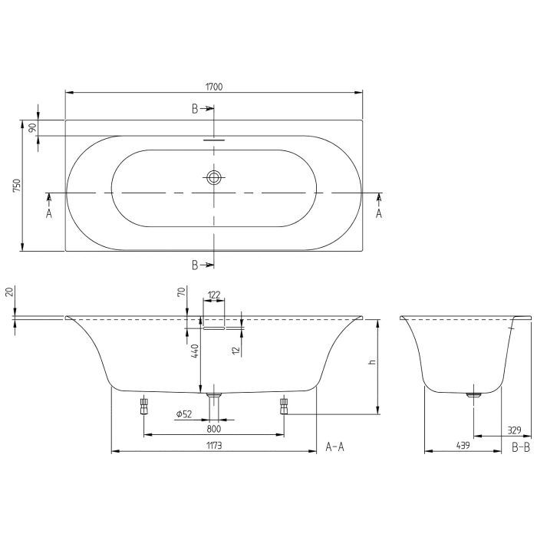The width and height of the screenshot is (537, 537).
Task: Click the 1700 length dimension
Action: point(214,87)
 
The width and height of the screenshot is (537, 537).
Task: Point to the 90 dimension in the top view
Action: point(32,128)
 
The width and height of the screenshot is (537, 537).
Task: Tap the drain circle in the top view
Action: point(214,178)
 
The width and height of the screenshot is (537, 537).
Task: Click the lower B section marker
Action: point(196,265)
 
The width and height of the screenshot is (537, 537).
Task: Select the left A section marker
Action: point(48,214)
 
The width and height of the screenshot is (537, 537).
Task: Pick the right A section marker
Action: point(378,214)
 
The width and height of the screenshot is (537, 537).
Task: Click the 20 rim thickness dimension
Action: point(9,292)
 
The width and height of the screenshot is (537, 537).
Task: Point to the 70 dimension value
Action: point(181,292)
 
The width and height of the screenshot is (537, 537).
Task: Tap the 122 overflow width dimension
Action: point(214,294)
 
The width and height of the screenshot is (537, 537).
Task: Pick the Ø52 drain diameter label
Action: point(183,414)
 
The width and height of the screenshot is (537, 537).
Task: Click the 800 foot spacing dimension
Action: point(214,429)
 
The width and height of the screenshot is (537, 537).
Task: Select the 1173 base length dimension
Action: point(214,445)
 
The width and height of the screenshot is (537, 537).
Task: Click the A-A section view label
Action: point(335,446)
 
